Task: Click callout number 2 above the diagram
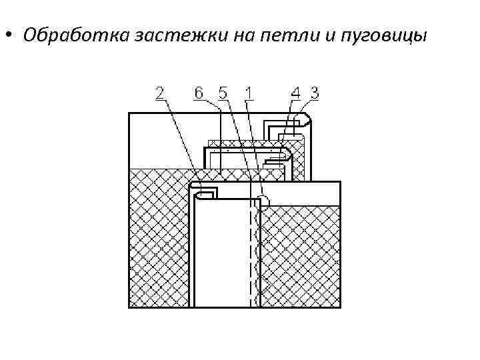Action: (161, 93)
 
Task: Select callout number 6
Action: (199, 93)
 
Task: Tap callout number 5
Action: (222, 93)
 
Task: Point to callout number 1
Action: (248, 93)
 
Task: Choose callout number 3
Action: (314, 93)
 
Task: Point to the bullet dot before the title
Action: (9, 35)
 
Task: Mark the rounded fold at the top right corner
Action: (305, 120)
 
